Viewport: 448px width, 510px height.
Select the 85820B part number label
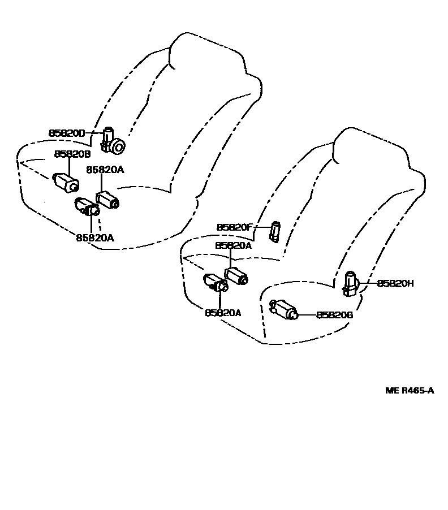pyautogui.click(x=72, y=154)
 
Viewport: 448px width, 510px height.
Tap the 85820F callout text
pyautogui.click(x=234, y=227)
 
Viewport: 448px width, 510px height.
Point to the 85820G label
pyautogui.click(x=334, y=315)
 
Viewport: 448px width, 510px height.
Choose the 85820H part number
pyautogui.click(x=395, y=283)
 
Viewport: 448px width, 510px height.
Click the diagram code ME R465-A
pyautogui.click(x=410, y=390)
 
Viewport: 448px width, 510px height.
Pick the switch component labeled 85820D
pyautogui.click(x=113, y=142)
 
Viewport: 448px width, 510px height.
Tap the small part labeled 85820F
pyautogui.click(x=275, y=231)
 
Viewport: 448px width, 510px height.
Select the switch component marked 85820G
pyautogui.click(x=286, y=310)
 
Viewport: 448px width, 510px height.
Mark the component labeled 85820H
pyautogui.click(x=351, y=282)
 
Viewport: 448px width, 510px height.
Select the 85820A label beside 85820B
pyautogui.click(x=105, y=169)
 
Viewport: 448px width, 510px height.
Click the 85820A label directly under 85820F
pyautogui.click(x=233, y=246)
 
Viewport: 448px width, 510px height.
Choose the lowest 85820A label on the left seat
pyautogui.click(x=95, y=238)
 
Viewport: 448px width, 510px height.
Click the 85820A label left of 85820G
pyautogui.click(x=223, y=313)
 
